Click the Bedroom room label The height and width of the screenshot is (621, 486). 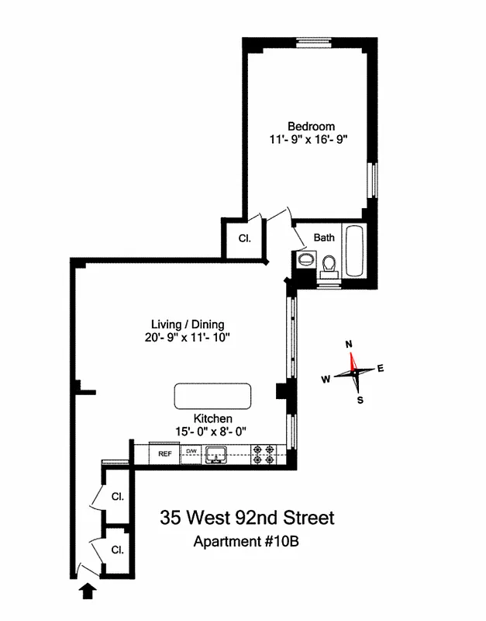coord(311,127)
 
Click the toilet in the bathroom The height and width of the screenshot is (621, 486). coord(329,265)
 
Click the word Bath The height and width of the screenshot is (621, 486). coord(324,238)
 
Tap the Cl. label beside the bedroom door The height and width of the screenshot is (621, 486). coord(243,239)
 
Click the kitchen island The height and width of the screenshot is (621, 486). coord(212,395)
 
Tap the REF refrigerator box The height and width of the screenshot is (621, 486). coord(164,453)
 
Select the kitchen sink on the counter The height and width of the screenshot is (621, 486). coord(215,454)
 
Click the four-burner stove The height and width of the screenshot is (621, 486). coord(264,454)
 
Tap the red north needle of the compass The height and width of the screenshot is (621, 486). coord(353,360)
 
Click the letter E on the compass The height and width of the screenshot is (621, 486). coord(380,369)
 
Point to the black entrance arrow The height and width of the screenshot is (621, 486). coord(89,592)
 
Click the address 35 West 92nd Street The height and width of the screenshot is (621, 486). coord(247,517)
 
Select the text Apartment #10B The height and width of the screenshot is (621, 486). coord(246,542)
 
